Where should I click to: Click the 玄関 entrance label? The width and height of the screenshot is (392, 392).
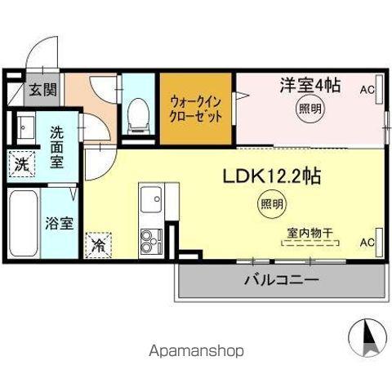pos(43,90)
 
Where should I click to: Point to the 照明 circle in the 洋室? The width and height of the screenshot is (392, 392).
pos(309,109)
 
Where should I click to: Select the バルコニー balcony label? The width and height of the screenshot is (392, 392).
pos(281,280)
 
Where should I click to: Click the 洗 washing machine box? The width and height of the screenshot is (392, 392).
pos(20,163)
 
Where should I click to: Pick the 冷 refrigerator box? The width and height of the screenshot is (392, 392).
pos(98,243)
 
